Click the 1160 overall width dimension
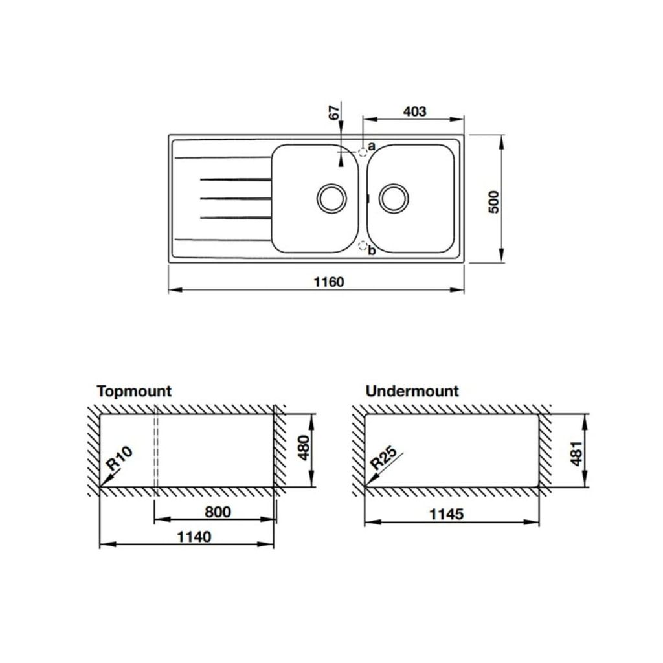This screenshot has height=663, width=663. pyautogui.click(x=328, y=282)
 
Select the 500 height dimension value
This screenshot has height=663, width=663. pyautogui.click(x=493, y=203)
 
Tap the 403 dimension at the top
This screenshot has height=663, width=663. pyautogui.click(x=414, y=111)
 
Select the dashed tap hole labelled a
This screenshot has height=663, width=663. pyautogui.click(x=363, y=151)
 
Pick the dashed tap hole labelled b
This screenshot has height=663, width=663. pyautogui.click(x=363, y=245)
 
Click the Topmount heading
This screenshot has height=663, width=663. pyautogui.click(x=134, y=391)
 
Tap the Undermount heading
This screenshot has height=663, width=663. pyautogui.click(x=412, y=391)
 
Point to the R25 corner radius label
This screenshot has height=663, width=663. pyautogui.click(x=385, y=458)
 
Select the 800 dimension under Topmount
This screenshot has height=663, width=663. pyautogui.click(x=218, y=512)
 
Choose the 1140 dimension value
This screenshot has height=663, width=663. pyautogui.click(x=192, y=537)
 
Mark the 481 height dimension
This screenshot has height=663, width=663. pyautogui.click(x=576, y=452)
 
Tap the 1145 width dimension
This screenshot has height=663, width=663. pyautogui.click(x=447, y=514)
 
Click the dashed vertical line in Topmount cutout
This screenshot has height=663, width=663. pyautogui.click(x=156, y=453)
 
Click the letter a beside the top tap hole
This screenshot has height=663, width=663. pyautogui.click(x=372, y=147)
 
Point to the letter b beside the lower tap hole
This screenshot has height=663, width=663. pyautogui.click(x=372, y=251)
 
